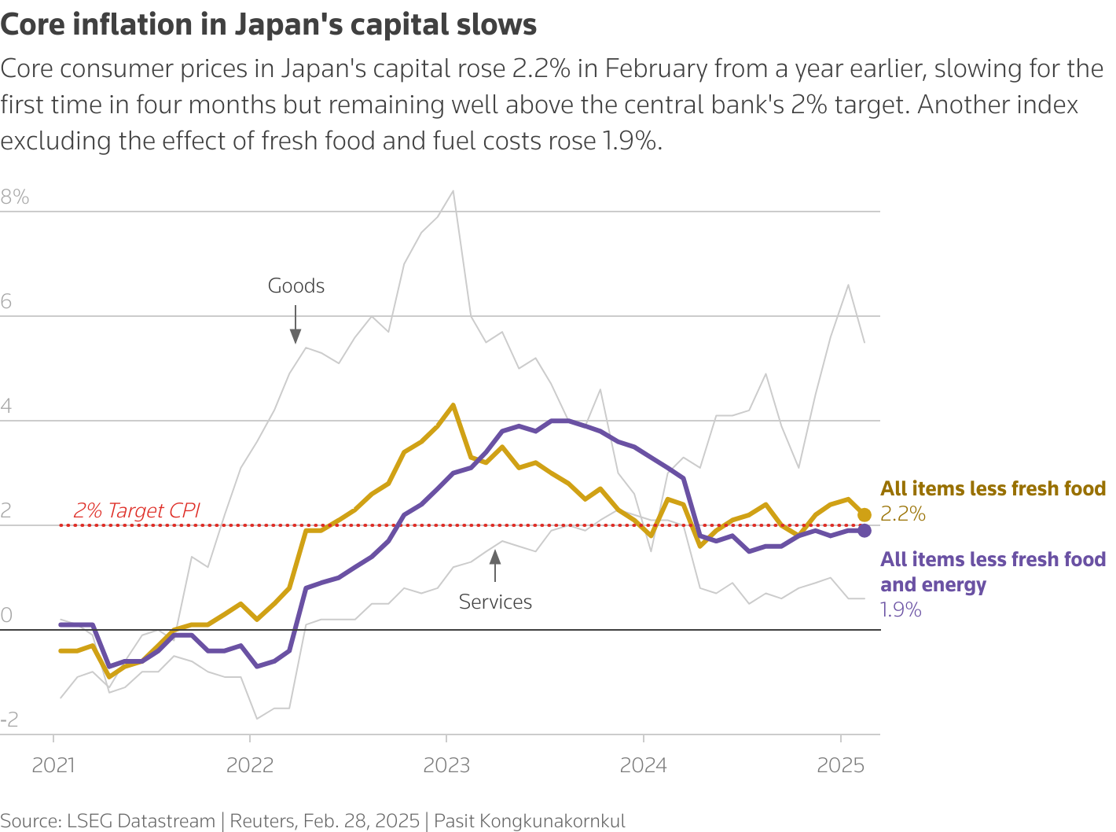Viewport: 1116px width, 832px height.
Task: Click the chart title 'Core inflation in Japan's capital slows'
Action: point(269,25)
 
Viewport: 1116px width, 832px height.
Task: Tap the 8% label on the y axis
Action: point(15,197)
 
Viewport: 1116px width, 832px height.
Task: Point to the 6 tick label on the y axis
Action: point(7,302)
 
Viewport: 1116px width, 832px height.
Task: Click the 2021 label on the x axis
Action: point(53,765)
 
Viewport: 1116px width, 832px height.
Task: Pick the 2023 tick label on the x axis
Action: point(446,765)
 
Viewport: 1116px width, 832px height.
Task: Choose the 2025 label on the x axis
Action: point(840,765)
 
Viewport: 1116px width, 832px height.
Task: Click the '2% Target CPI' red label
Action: point(137,510)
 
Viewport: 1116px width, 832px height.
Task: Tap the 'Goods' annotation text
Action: point(296,286)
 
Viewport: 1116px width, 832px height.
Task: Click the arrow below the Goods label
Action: point(296,326)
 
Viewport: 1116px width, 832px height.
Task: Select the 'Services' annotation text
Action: point(495,602)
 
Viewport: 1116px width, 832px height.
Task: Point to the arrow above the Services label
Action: point(495,565)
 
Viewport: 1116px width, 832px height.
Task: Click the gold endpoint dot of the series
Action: point(865,515)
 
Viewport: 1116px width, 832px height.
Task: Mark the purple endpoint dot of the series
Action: point(865,531)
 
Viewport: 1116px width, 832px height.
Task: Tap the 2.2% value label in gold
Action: point(903,514)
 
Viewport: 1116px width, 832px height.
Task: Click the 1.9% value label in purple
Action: point(901,610)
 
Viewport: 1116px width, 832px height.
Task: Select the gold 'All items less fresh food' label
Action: point(993,489)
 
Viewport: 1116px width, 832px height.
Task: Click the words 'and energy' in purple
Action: point(933,585)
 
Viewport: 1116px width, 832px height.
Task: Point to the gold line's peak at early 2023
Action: point(453,405)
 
